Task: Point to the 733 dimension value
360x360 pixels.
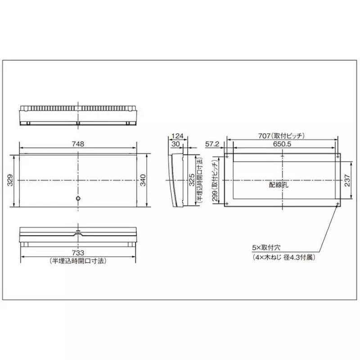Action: pos(78,253)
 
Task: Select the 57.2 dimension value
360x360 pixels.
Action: pos(212,144)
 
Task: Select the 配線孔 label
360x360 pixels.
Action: pos(278,184)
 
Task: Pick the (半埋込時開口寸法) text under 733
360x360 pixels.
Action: pos(78,261)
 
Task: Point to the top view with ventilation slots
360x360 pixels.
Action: pos(78,116)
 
